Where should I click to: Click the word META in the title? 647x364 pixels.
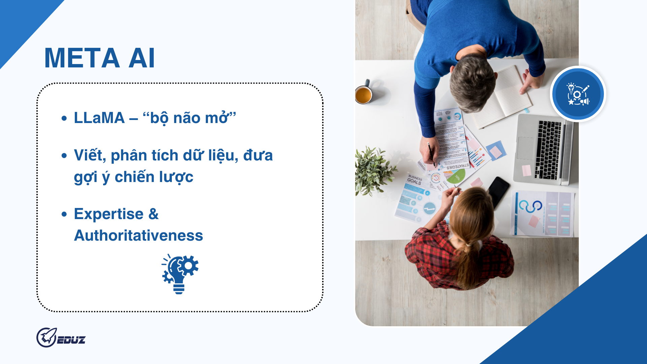coord(82,58)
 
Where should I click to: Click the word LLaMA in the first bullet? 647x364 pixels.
coord(99,118)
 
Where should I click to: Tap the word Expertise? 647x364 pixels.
coord(109,214)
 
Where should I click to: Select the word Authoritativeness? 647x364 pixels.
coord(138,236)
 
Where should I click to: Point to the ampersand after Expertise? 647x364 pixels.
coord(153,214)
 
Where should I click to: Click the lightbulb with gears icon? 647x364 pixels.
coord(180,274)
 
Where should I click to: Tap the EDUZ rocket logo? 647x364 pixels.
coord(61,337)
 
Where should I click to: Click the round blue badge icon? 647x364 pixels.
coord(578,94)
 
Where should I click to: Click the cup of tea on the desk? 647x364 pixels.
coord(364,95)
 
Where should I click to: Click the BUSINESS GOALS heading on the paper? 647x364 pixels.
coord(414,180)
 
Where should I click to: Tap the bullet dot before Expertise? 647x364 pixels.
coord(64,214)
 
